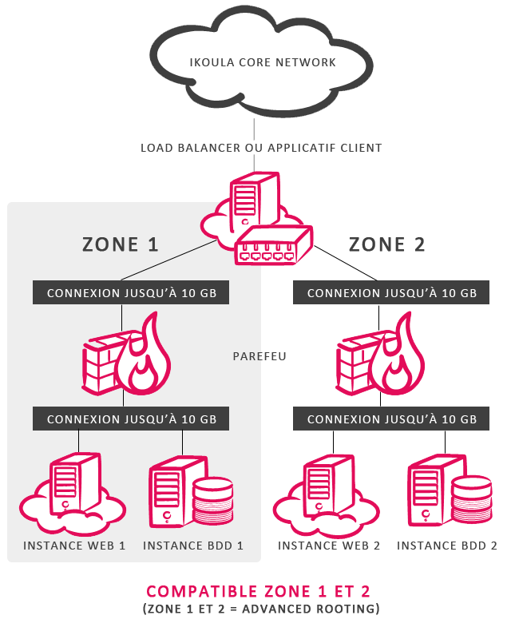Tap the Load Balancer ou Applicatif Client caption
pyautogui.click(x=261, y=148)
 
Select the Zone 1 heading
pyautogui.click(x=121, y=244)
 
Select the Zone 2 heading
pyautogui.click(x=387, y=244)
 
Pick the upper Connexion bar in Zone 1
pyautogui.click(x=132, y=293)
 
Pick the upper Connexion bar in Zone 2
pyautogui.click(x=392, y=293)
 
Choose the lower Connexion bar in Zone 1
pyautogui.click(x=132, y=419)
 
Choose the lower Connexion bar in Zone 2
pyautogui.click(x=392, y=419)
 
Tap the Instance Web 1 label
pyautogui.click(x=74, y=546)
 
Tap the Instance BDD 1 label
pyautogui.click(x=192, y=546)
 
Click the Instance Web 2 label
pyautogui.click(x=329, y=546)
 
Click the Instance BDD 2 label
pyautogui.click(x=447, y=546)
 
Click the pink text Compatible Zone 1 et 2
pyautogui.click(x=258, y=592)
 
